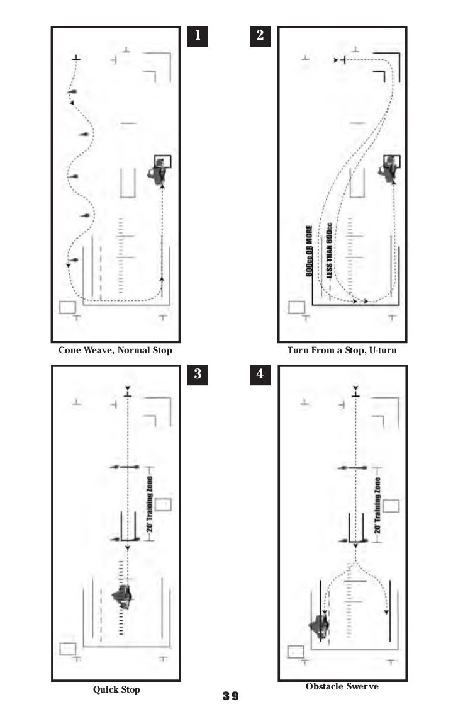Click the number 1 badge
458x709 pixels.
(x=198, y=36)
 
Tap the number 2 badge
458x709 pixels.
(x=260, y=36)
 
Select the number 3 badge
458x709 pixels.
(x=198, y=374)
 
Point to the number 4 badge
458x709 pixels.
(x=260, y=374)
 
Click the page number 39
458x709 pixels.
(x=230, y=696)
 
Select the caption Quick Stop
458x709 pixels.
(x=116, y=689)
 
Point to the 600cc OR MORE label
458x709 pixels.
(x=310, y=251)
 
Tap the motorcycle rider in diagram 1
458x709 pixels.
(x=158, y=172)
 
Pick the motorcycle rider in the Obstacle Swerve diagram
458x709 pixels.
(x=318, y=627)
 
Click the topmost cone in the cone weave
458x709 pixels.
(x=73, y=92)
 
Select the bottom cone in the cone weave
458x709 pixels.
(x=74, y=259)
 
